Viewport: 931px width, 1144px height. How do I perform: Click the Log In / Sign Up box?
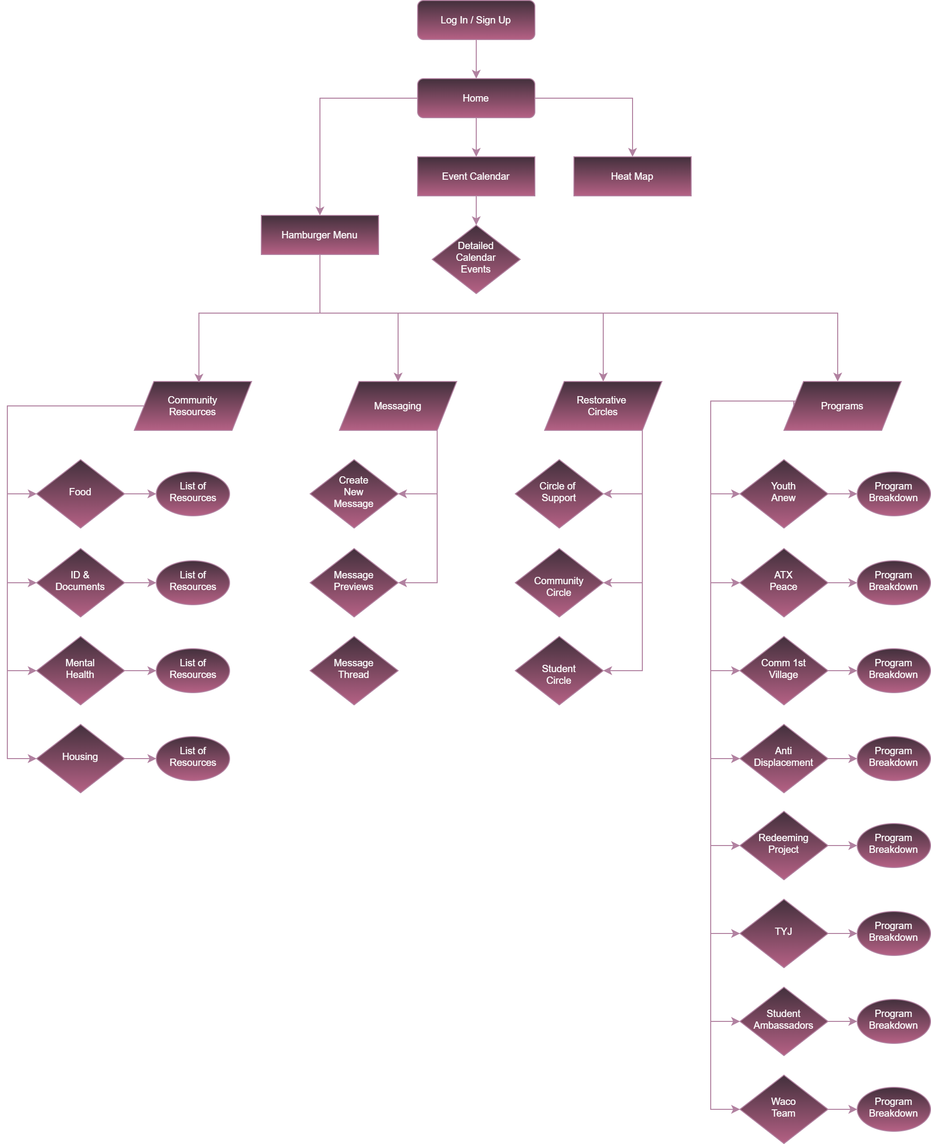point(476,21)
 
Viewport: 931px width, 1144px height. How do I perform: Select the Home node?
point(476,98)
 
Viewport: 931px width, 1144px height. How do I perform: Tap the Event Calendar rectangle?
point(476,176)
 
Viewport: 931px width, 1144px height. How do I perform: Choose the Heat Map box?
point(632,176)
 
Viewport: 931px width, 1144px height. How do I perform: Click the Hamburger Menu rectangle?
point(319,235)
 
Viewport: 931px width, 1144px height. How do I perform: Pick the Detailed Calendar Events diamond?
point(476,259)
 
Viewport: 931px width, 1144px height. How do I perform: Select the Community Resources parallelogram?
point(192,406)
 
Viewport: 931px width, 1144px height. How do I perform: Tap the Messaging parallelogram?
point(398,406)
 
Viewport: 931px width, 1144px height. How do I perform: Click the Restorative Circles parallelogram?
point(603,406)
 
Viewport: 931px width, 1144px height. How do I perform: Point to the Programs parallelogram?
point(842,406)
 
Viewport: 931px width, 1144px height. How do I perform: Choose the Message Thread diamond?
point(354,670)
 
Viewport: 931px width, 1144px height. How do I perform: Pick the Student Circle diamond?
point(559,670)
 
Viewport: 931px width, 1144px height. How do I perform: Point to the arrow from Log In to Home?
point(476,59)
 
